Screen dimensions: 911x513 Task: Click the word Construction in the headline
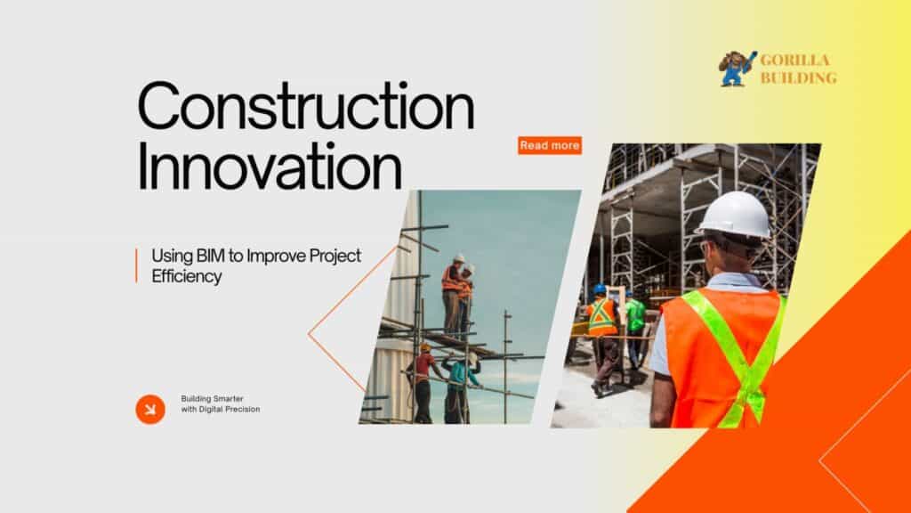coord(306,106)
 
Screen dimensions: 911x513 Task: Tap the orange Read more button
coord(550,145)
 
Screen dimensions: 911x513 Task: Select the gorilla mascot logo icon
coord(738,69)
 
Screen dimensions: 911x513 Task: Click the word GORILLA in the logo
coord(794,60)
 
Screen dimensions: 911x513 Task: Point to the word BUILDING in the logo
coord(799,77)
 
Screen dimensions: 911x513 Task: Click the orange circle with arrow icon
coord(150,409)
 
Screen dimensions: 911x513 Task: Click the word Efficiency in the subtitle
coord(187,276)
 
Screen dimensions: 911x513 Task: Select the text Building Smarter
coord(212,398)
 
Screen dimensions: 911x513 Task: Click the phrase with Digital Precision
coord(221,409)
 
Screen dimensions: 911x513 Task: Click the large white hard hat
coord(735,215)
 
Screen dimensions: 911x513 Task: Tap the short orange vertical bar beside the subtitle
coord(136,265)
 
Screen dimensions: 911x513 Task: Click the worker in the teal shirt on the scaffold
coord(461,387)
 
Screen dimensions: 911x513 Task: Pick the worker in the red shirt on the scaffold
coord(423,383)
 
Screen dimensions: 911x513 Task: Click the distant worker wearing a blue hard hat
coord(603,338)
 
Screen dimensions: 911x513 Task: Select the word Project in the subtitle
coord(335,256)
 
